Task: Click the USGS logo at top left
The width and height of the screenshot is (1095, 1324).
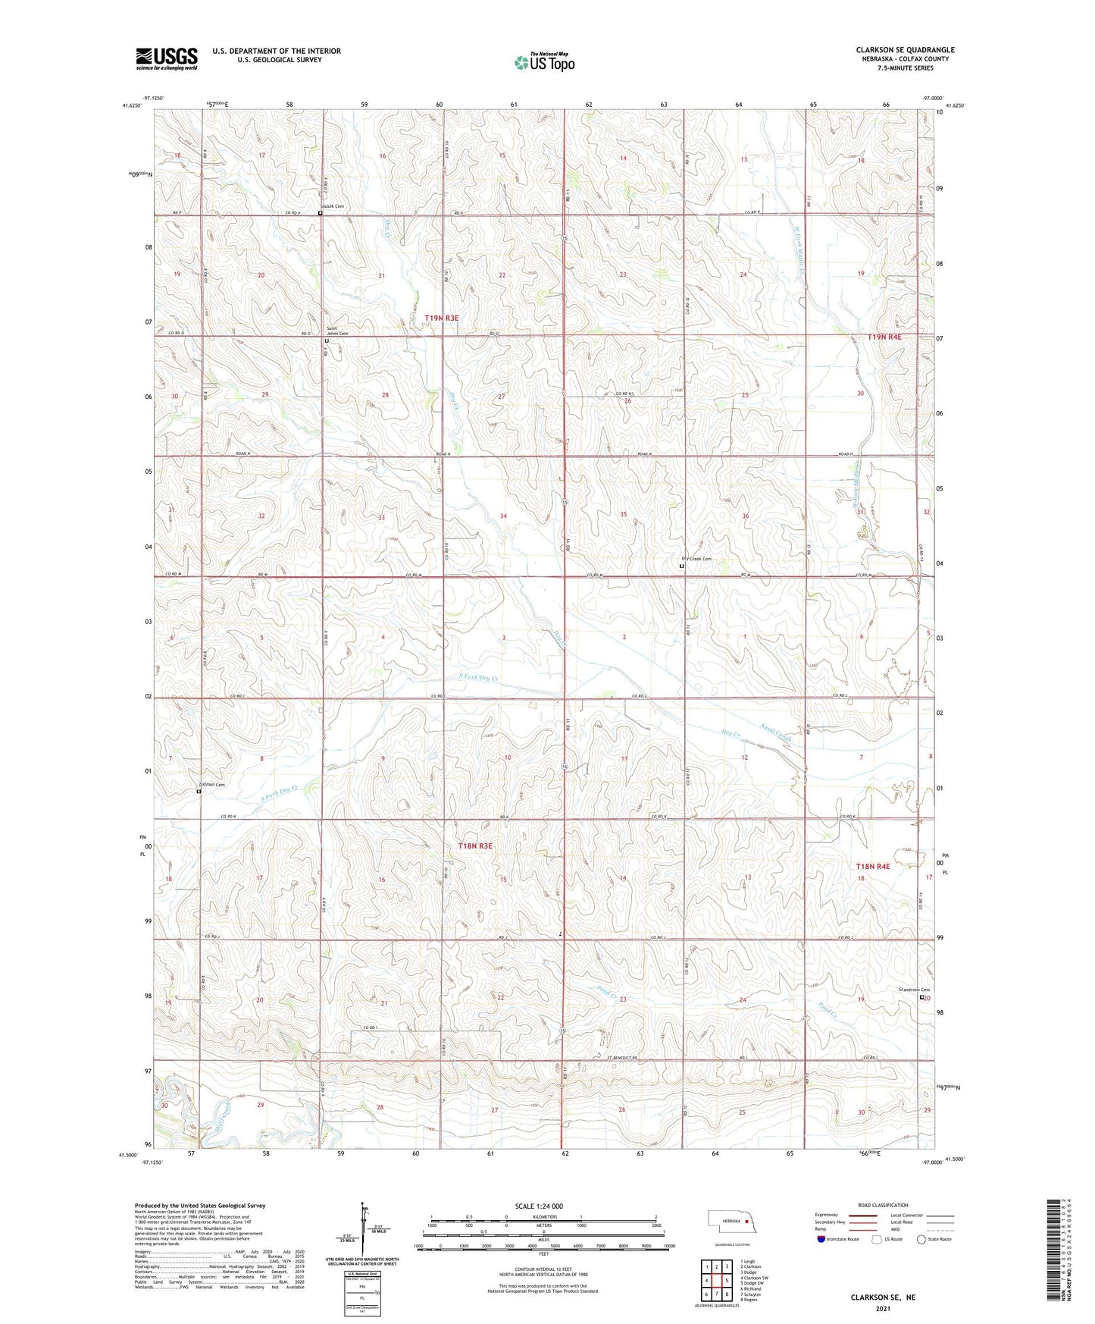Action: click(x=167, y=58)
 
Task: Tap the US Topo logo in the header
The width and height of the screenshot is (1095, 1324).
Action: click(x=544, y=62)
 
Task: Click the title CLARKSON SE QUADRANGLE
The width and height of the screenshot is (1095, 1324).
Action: click(x=905, y=50)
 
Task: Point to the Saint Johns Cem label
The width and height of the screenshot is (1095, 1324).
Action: click(x=337, y=331)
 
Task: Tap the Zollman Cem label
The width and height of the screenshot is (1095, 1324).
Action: click(x=211, y=785)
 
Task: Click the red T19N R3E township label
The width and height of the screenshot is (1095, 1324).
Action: click(x=441, y=318)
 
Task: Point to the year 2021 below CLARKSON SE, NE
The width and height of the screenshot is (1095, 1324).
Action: click(x=882, y=1308)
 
